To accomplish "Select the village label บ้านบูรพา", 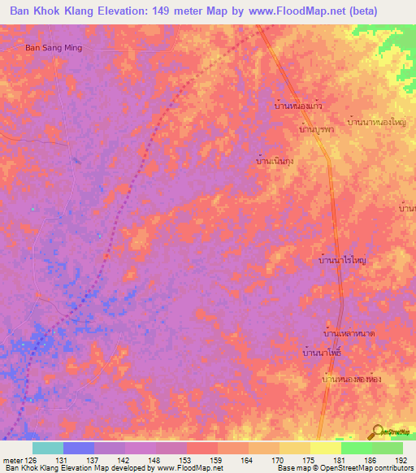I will pyautogui.click(x=317, y=128).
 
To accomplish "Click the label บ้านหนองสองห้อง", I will pyautogui.click(x=351, y=380).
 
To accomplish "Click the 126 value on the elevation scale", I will pyautogui.click(x=32, y=459).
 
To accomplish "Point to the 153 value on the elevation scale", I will pyautogui.click(x=186, y=459).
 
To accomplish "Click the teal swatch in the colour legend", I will pyautogui.click(x=48, y=448).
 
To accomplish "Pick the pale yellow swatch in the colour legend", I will pyautogui.click(x=326, y=448).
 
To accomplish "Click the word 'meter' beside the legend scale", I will pyautogui.click(x=12, y=459).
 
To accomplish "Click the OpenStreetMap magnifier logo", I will pyautogui.click(x=379, y=432).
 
